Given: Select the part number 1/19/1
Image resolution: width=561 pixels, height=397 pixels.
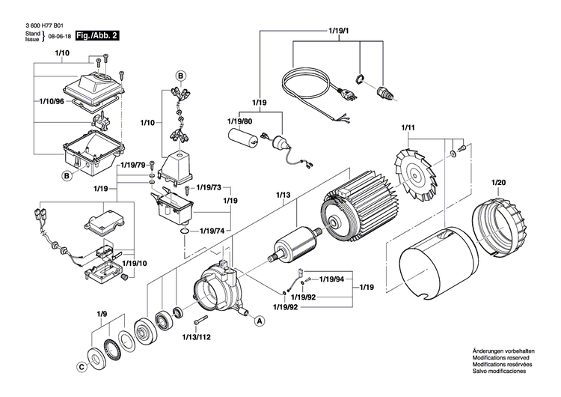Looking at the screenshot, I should (339, 31).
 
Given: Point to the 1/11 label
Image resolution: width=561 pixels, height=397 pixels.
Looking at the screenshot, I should (408, 128).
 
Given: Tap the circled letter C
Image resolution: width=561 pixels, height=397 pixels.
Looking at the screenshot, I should (81, 367).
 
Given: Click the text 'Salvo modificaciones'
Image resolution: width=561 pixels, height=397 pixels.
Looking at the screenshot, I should (499, 372).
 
